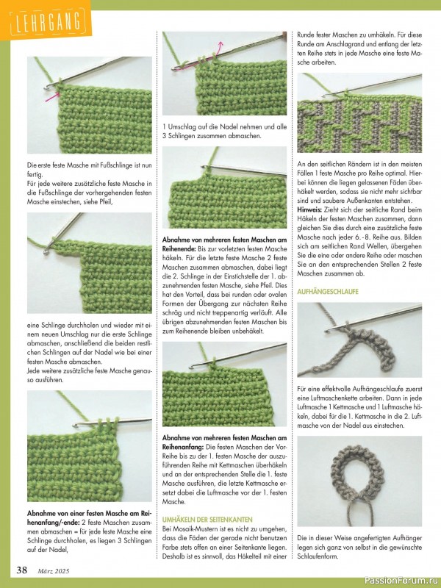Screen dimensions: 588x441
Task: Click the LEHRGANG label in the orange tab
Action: coord(43,23)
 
